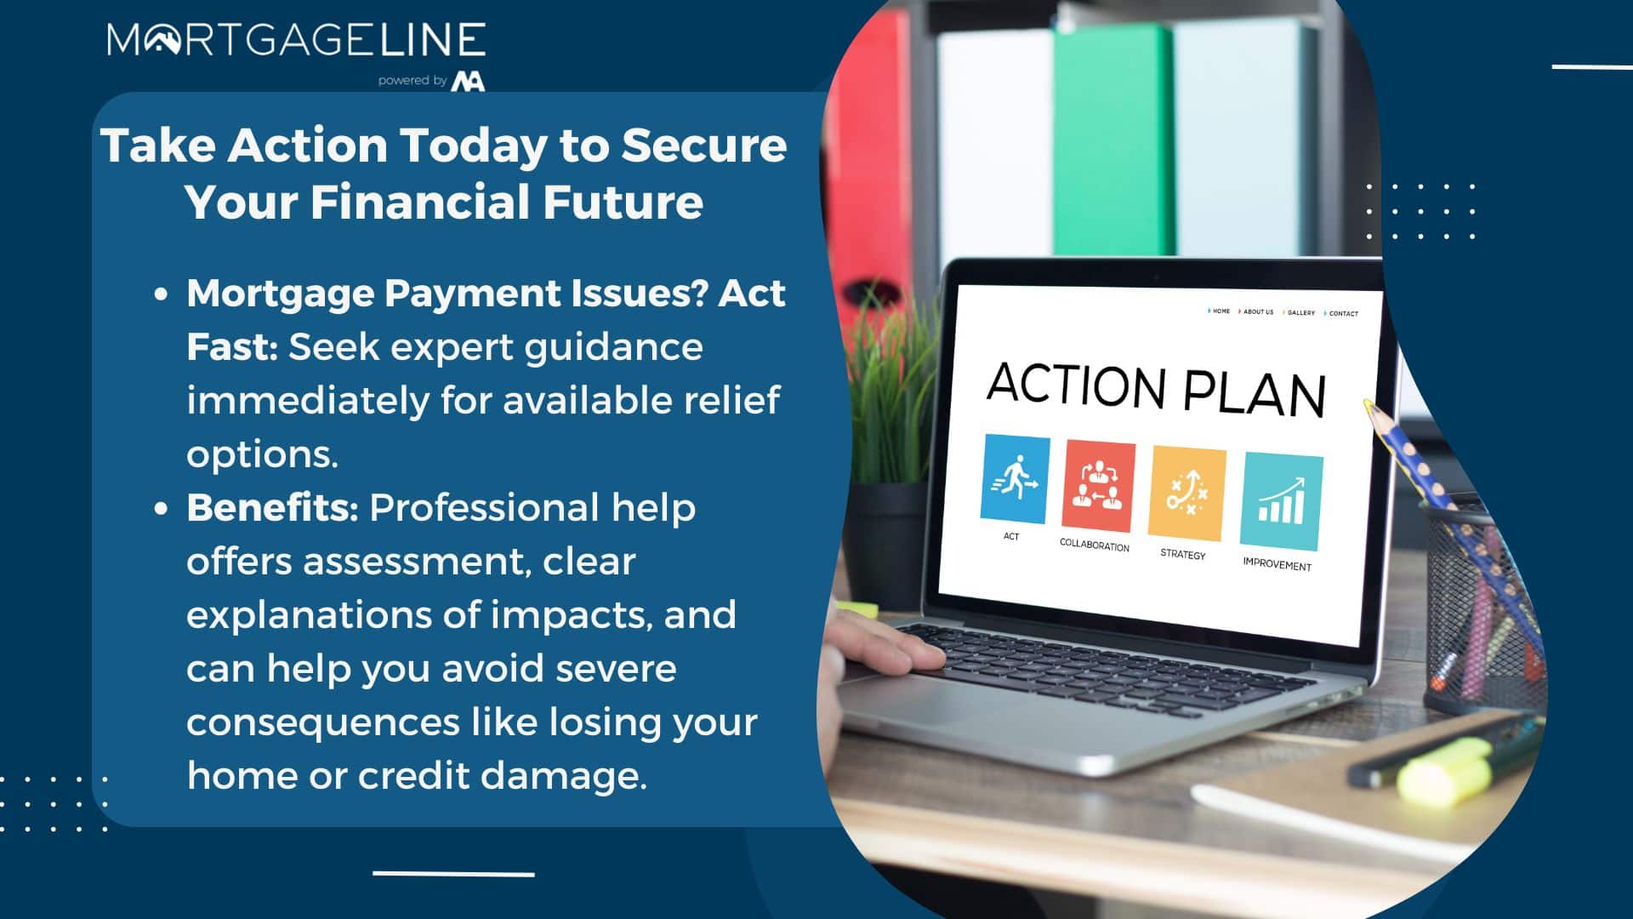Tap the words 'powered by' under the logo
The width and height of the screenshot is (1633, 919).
coord(413,81)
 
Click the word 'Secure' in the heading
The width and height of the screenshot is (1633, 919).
coord(704,145)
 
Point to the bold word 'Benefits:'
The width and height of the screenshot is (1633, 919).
coord(272,508)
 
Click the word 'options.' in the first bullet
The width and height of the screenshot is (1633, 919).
coord(262,455)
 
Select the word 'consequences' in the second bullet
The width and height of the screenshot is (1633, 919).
coord(323,722)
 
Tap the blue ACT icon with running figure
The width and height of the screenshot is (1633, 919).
coord(1014,479)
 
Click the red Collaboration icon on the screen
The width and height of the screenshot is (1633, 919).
coord(1098,487)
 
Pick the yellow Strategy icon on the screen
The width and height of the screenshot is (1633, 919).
coord(1186,494)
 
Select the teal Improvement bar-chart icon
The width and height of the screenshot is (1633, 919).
coord(1281,501)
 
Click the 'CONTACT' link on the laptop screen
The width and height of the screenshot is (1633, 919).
coord(1343,314)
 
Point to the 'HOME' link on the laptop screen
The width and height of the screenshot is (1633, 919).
coord(1220,311)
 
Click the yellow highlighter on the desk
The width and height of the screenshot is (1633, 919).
coord(1446,768)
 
